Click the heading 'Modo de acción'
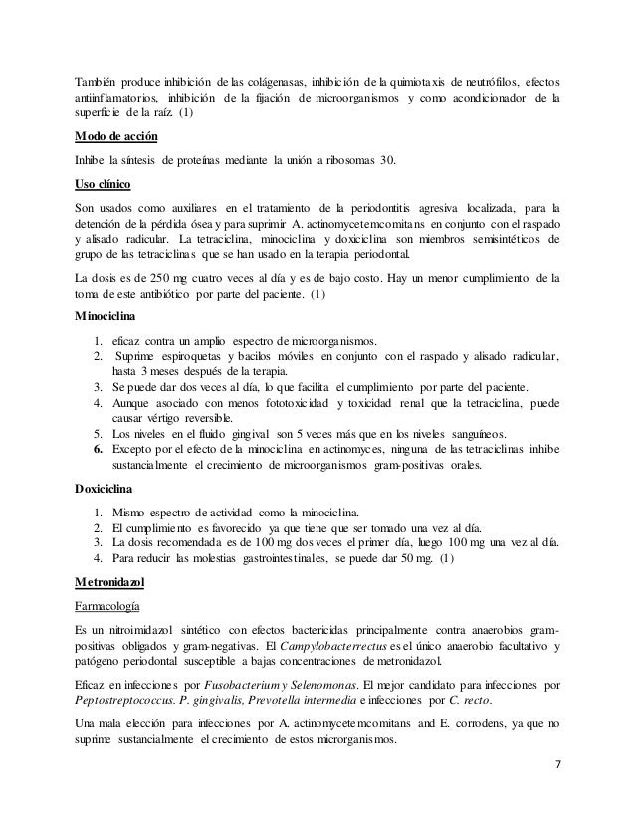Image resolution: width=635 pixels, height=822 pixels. point(115,137)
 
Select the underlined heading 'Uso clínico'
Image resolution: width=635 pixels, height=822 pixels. point(105,184)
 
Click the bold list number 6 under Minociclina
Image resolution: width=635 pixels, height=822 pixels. point(99,448)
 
